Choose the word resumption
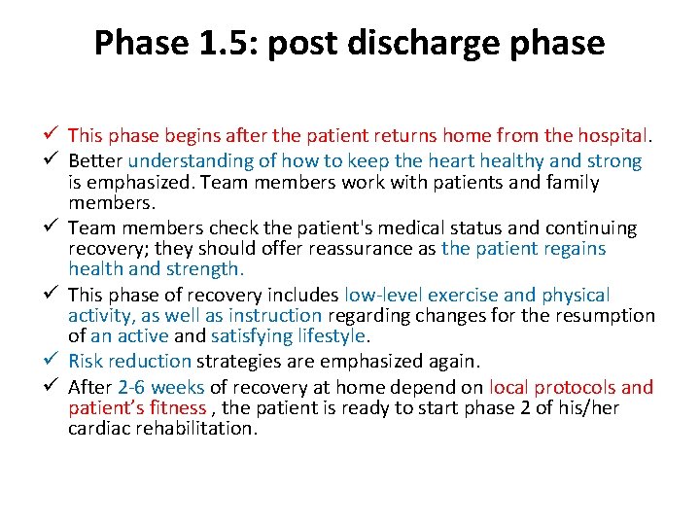[605, 316]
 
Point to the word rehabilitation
[193, 429]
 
